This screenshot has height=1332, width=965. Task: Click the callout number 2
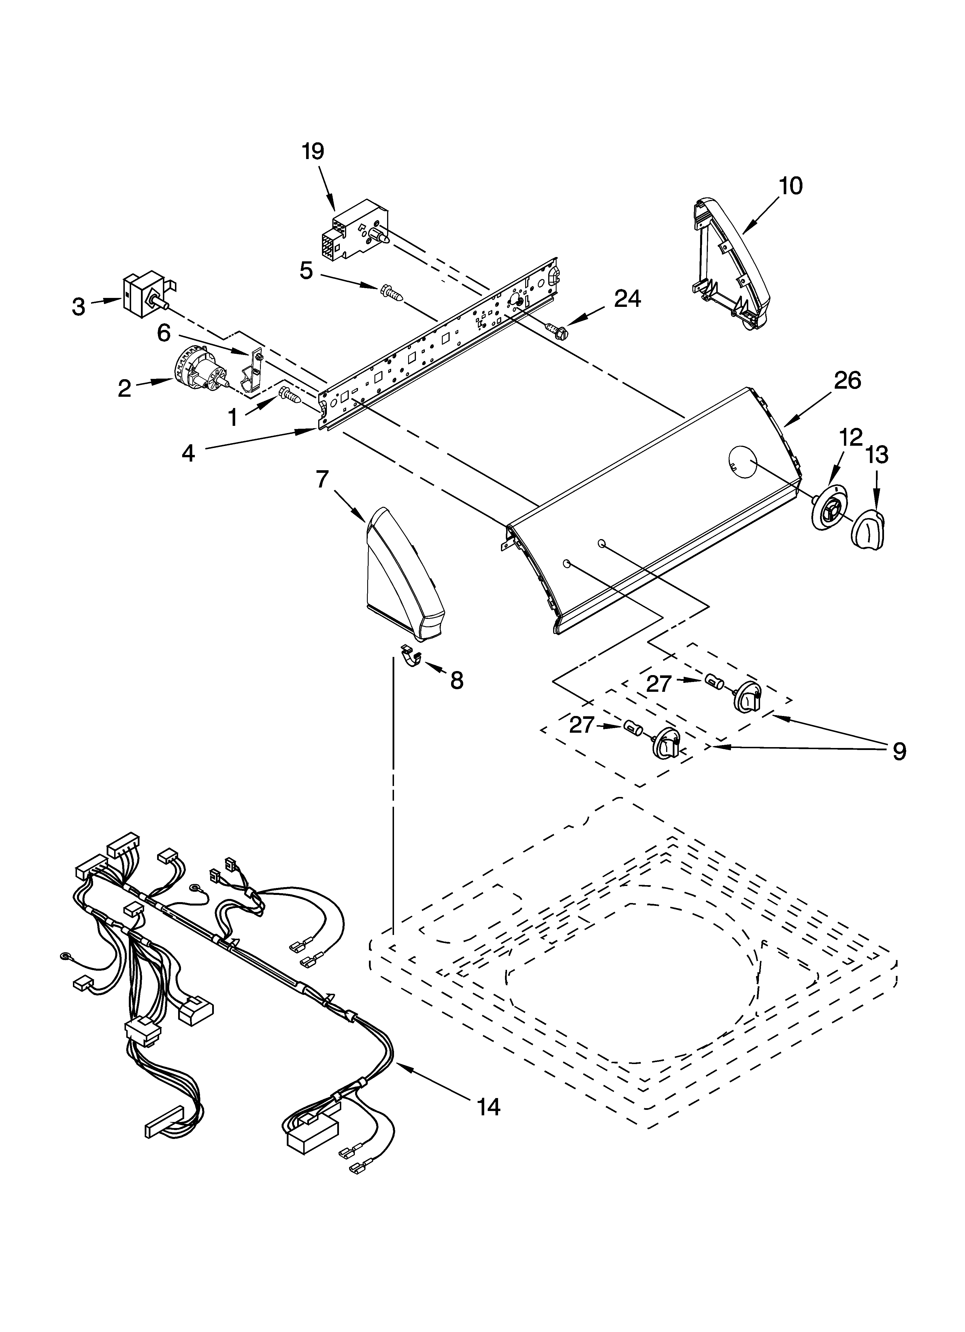click(x=124, y=388)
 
